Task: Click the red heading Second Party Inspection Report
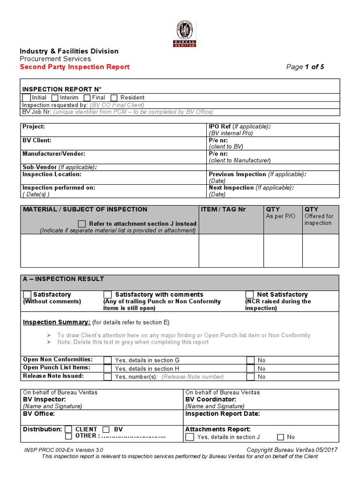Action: [x=75, y=67]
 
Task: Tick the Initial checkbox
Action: [x=26, y=97]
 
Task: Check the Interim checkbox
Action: [x=55, y=97]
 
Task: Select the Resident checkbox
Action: [x=114, y=97]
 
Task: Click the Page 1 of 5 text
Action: [x=305, y=67]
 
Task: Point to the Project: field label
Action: [x=34, y=127]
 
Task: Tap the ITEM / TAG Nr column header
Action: [x=223, y=210]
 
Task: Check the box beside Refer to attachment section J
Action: [x=82, y=224]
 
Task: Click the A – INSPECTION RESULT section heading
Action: [x=64, y=279]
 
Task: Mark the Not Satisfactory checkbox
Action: [x=250, y=295]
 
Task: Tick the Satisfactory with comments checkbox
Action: [x=108, y=295]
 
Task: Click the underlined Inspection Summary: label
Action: [x=57, y=322]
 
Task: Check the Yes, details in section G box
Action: [x=108, y=360]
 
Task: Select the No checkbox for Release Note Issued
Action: [x=250, y=377]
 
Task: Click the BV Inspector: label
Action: [x=44, y=399]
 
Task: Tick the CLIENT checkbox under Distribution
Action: [x=69, y=429]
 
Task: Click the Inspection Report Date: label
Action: [x=223, y=414]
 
